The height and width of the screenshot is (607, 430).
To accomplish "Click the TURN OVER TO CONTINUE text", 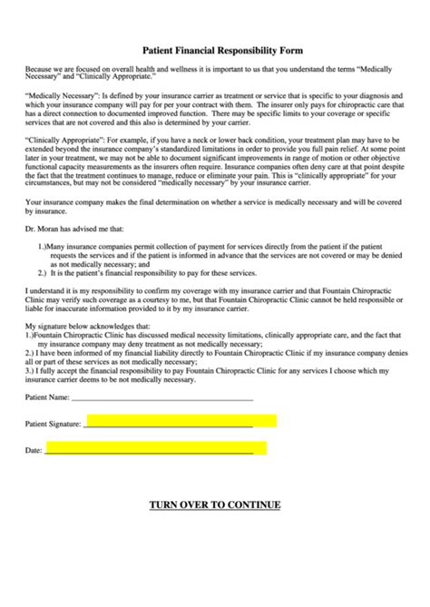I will pyautogui.click(x=215, y=504).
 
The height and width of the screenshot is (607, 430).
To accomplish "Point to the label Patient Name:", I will pyautogui.click(x=47, y=397).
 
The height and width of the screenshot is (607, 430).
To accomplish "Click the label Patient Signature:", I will pyautogui.click(x=54, y=424).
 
